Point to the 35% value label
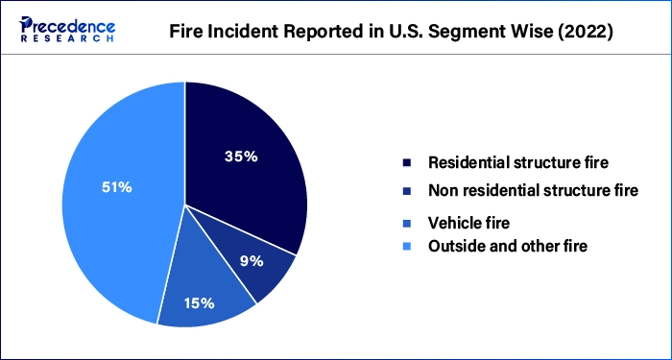(240, 156)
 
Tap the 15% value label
(198, 303)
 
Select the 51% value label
(117, 187)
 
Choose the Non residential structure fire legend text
(533, 190)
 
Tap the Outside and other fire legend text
(508, 246)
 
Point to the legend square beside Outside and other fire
(407, 247)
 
